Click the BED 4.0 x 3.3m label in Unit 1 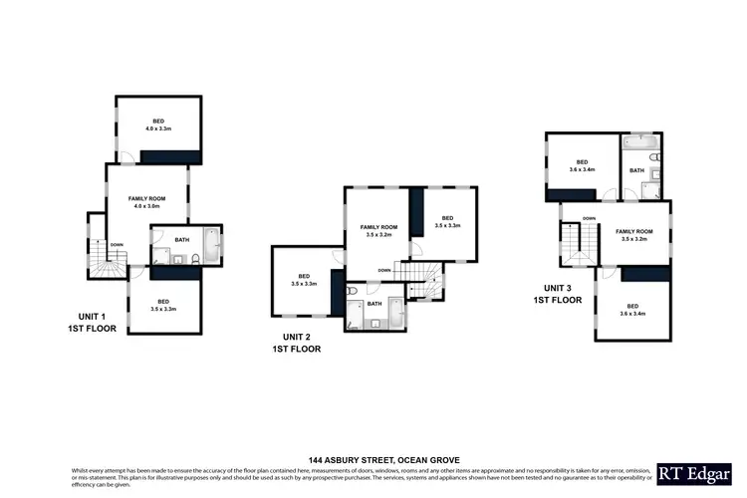(159, 124)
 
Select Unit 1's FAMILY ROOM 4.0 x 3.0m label (147, 202)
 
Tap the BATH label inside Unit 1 (181, 239)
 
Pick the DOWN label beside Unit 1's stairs (118, 244)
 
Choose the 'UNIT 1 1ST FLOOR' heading (92, 322)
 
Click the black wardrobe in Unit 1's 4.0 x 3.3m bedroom (170, 156)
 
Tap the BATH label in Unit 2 (374, 303)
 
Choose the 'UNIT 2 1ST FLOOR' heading (296, 344)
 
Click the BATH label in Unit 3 (637, 170)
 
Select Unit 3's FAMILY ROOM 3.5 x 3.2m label (633, 235)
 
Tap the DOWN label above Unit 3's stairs (590, 218)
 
